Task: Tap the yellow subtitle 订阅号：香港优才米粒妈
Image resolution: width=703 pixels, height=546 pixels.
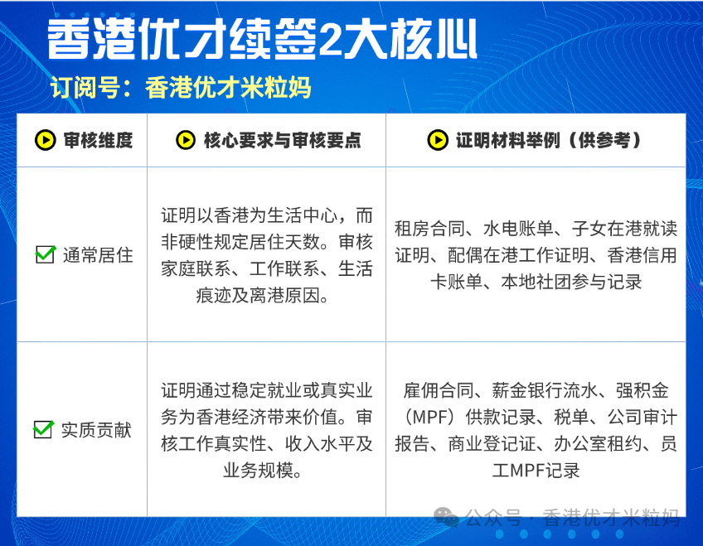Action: point(180,87)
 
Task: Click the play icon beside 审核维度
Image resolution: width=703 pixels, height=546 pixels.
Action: point(46,140)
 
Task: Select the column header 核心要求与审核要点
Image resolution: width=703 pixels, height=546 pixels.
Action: point(282,140)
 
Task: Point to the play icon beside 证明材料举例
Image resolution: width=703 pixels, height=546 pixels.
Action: point(438,140)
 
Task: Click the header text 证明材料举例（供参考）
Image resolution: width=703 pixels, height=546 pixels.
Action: point(549,140)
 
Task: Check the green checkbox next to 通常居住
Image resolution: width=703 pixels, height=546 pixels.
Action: point(46,254)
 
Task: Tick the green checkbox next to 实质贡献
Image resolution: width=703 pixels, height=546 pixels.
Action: point(43,429)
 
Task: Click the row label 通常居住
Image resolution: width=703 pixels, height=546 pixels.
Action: point(98,255)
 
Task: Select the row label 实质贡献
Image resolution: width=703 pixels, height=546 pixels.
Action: point(96,430)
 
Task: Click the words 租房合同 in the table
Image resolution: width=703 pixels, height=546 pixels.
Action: point(429,229)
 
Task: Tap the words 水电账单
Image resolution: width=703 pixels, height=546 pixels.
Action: point(518,229)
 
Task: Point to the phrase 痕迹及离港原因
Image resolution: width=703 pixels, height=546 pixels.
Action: point(257,295)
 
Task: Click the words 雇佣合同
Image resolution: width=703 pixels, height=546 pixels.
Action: point(438,390)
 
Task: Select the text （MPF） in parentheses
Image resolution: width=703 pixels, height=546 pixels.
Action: point(429,417)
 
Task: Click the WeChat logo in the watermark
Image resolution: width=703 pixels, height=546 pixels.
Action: point(446,517)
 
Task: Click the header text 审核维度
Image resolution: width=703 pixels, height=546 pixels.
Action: point(98,140)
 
